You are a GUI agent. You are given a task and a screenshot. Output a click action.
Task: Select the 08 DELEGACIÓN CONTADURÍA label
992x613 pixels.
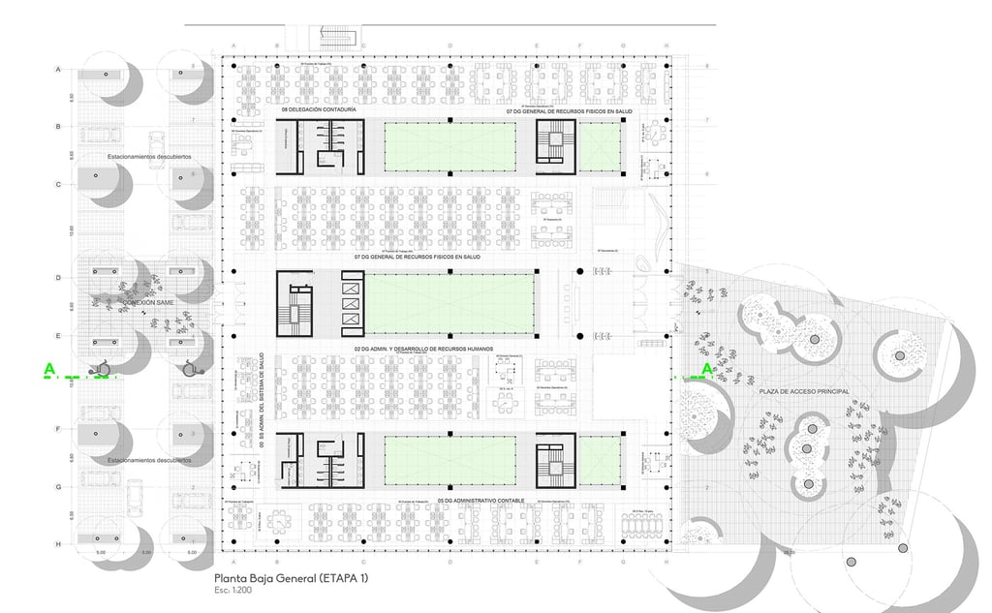tap(319, 111)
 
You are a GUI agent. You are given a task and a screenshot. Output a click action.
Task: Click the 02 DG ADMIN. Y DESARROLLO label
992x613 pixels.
tap(424, 347)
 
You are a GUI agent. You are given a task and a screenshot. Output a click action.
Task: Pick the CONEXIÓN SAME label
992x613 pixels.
tap(147, 303)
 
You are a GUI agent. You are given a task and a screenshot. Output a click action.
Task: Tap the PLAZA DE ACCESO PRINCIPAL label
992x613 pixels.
tap(804, 391)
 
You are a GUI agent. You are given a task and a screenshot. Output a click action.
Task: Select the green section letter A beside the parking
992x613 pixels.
tap(48, 369)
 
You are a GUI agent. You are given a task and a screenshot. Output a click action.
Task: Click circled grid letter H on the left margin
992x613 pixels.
tap(59, 545)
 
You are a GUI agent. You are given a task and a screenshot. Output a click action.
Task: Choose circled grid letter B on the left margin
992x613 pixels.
tap(59, 127)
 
